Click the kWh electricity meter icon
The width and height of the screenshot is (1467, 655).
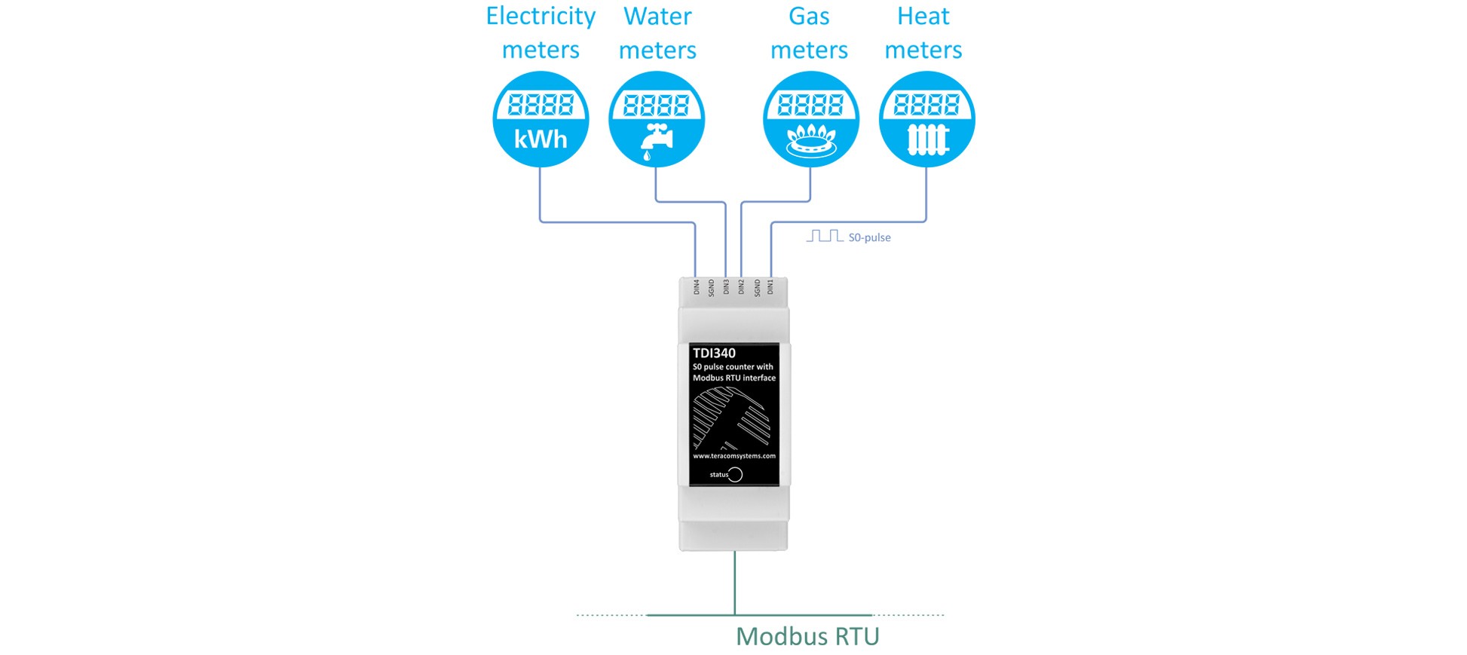(540, 119)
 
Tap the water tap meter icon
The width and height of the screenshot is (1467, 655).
(656, 119)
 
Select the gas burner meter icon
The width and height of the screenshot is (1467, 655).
(810, 119)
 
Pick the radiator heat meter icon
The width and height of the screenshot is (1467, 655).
(926, 119)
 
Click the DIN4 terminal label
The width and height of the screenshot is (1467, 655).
(697, 286)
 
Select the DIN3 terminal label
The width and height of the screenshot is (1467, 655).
(726, 286)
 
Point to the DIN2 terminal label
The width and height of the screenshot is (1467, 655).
(741, 286)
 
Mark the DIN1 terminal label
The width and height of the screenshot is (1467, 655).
(770, 286)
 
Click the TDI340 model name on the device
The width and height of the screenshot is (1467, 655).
(714, 353)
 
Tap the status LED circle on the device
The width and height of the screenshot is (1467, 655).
(735, 474)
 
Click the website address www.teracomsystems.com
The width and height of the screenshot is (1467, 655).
(733, 456)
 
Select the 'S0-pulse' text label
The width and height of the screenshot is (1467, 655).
(869, 237)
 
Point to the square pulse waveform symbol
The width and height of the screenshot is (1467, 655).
(824, 236)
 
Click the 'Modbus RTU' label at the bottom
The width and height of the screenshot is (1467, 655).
(807, 636)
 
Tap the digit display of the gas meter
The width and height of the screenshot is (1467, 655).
(810, 104)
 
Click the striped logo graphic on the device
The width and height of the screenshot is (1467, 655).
(731, 417)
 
